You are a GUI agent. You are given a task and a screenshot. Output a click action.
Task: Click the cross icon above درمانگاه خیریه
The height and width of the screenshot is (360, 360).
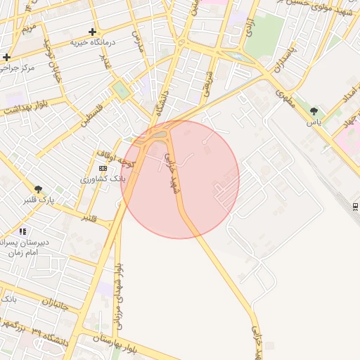click(x=93, y=32)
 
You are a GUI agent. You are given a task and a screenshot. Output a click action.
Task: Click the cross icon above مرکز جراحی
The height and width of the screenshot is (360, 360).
click(x=6, y=57)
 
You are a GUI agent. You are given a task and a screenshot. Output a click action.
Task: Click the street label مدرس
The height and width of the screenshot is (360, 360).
click(x=139, y=40)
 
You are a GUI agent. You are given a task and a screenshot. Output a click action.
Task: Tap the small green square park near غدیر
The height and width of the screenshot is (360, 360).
click(x=120, y=91)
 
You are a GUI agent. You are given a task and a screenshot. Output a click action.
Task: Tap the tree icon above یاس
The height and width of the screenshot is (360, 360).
click(x=314, y=111)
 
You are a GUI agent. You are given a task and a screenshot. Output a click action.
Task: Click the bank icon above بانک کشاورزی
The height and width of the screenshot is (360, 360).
click(x=103, y=168)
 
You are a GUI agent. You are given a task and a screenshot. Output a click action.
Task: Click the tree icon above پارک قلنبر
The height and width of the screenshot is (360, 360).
click(x=39, y=188)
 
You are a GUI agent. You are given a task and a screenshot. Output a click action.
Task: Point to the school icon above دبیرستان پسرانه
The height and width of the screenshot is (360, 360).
click(x=23, y=231)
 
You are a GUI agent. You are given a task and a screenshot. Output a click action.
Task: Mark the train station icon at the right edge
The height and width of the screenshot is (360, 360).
click(x=356, y=205)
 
